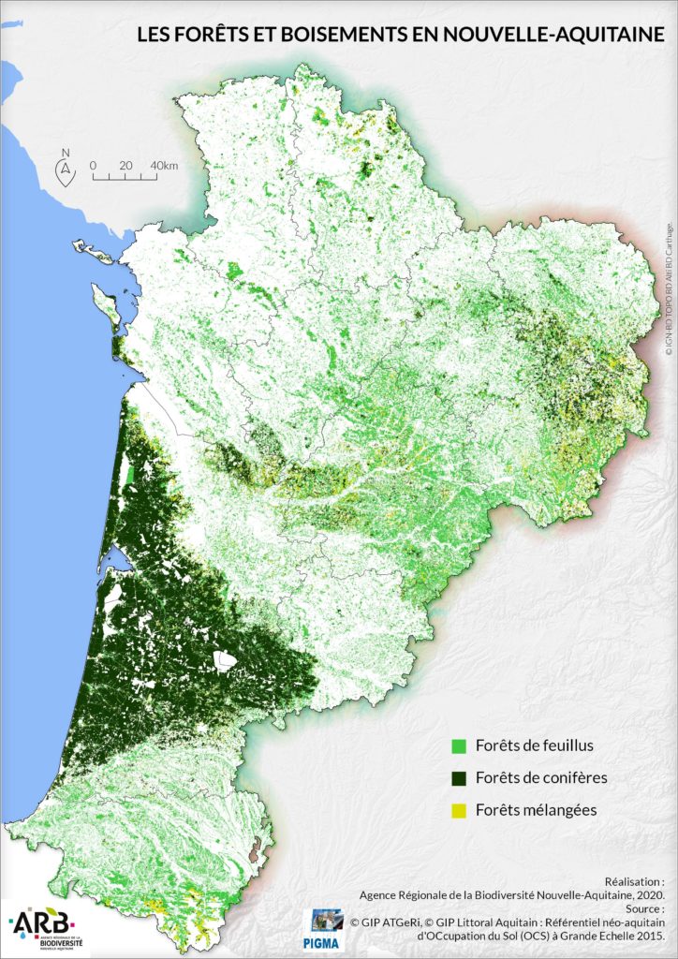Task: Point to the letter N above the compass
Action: [x=65, y=153]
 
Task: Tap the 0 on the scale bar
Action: [x=94, y=166]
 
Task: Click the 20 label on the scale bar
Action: [x=125, y=166]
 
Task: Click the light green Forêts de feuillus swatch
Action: [x=459, y=746]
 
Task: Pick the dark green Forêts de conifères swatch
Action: [x=459, y=778]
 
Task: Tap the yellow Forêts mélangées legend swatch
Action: [x=459, y=810]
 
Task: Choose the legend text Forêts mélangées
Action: [x=536, y=810]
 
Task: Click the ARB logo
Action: [x=41, y=922]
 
